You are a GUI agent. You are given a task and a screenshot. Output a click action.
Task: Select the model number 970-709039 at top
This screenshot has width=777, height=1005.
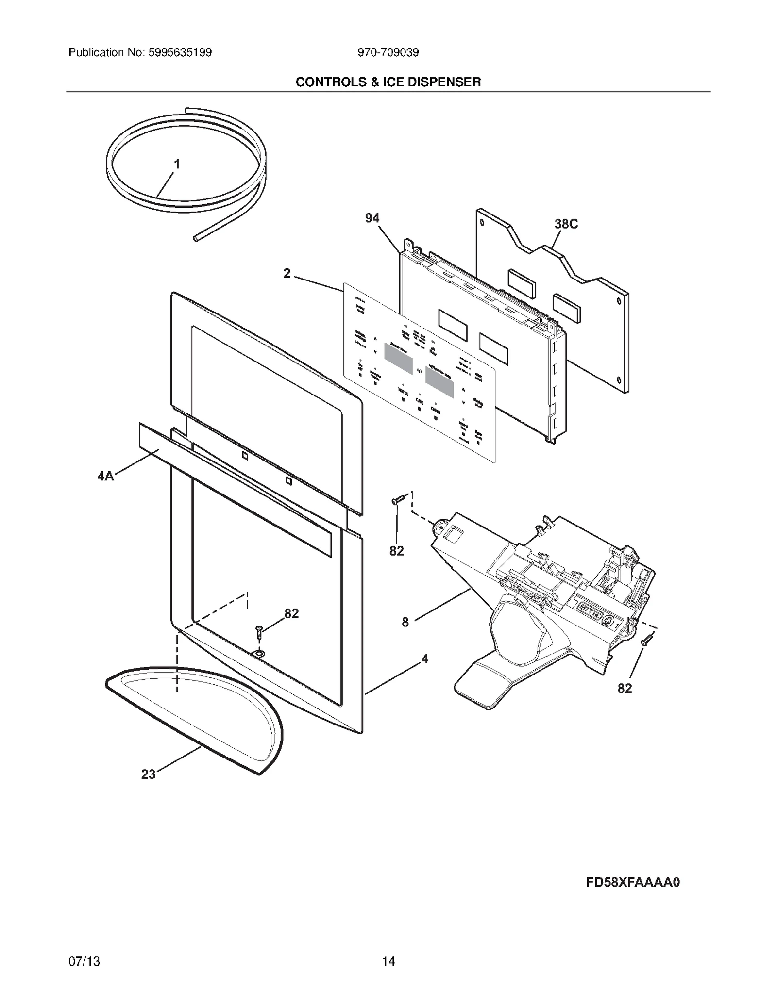click(x=388, y=52)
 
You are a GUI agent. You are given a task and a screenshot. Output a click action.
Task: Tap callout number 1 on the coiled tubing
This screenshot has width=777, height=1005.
click(x=177, y=165)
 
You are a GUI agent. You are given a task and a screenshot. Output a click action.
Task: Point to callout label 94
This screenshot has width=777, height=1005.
click(x=372, y=218)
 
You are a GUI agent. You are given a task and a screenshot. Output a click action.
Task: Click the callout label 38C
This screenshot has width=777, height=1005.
click(x=566, y=224)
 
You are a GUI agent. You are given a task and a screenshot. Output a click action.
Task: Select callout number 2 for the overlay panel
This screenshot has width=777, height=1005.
click(x=287, y=274)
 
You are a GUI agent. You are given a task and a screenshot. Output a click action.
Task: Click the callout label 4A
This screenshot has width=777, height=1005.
click(x=105, y=476)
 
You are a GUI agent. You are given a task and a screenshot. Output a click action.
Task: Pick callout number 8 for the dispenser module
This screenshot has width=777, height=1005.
click(x=405, y=622)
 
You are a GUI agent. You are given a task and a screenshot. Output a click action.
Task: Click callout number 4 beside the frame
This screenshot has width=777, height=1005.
click(x=425, y=659)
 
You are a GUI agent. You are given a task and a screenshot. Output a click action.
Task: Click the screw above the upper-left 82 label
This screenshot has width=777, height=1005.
click(x=398, y=498)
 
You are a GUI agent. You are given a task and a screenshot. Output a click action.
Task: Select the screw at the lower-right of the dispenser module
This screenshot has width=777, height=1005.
click(x=646, y=641)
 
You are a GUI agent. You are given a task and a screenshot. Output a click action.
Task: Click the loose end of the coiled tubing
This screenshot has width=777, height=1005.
click(x=195, y=239)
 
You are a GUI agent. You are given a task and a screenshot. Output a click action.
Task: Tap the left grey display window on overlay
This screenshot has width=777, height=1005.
click(x=398, y=358)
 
